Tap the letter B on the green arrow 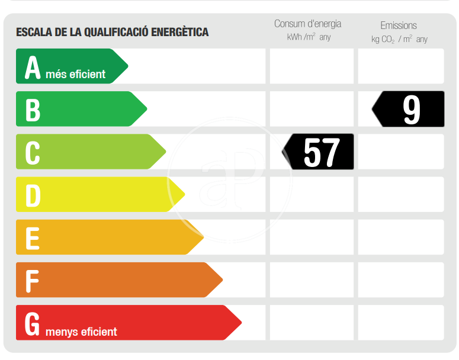click(33, 110)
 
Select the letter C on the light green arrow click(33, 152)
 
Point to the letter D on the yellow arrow click(33, 195)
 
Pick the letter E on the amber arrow click(32, 238)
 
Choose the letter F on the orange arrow click(32, 281)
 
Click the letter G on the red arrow click(33, 323)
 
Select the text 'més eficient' click(75, 75)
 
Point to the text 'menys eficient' click(81, 332)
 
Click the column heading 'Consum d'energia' click(307, 24)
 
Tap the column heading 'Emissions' click(399, 25)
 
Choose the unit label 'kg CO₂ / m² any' click(399, 39)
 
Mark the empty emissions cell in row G click(401, 323)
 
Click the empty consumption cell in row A click(312, 66)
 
